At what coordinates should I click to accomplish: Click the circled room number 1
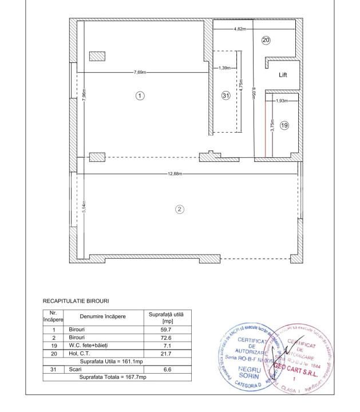pos(139,96)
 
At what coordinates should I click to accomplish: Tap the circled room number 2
pos(179,209)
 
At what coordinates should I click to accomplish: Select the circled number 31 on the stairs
pos(226,96)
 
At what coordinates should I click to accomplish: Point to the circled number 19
pos(284,125)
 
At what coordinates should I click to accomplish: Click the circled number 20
pos(266,40)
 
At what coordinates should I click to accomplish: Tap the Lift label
pos(283,75)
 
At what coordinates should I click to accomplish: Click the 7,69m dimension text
pos(140,73)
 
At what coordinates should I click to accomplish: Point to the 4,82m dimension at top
pos(240,29)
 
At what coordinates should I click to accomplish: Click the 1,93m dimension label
pos(281,101)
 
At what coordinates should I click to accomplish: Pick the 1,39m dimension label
pos(225,68)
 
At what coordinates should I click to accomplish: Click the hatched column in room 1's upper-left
pos(97,56)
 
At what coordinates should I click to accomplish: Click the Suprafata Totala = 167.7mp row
pos(113,378)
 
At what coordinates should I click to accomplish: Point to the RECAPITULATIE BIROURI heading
pos(76,300)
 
